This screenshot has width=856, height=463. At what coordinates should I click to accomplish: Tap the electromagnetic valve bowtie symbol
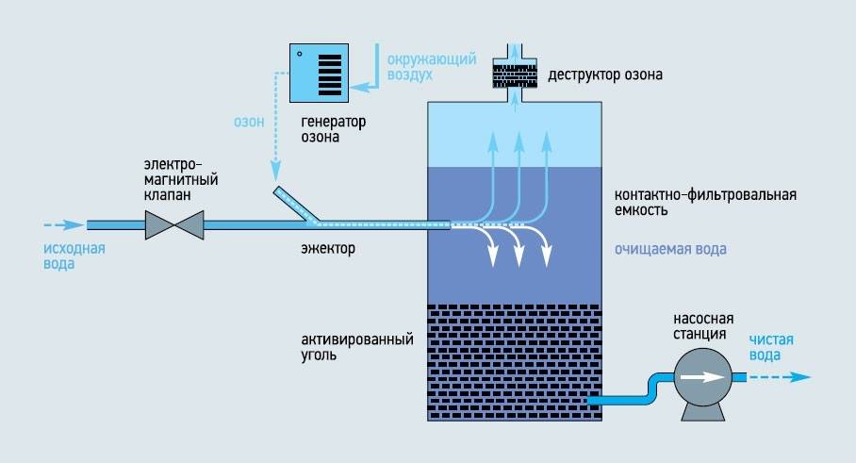[x=176, y=225]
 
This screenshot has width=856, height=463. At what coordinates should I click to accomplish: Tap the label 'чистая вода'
[x=771, y=348]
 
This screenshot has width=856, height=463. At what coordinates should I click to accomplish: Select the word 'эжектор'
[x=321, y=251]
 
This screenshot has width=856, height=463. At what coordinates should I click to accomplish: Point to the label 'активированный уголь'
[x=357, y=348]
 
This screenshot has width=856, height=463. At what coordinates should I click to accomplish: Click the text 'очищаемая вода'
[x=669, y=250]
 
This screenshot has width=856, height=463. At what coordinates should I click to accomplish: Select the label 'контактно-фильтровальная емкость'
[x=705, y=203]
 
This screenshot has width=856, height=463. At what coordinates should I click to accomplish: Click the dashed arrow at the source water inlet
[x=62, y=225]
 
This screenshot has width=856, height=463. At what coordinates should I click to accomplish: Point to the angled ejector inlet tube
[x=293, y=205]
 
